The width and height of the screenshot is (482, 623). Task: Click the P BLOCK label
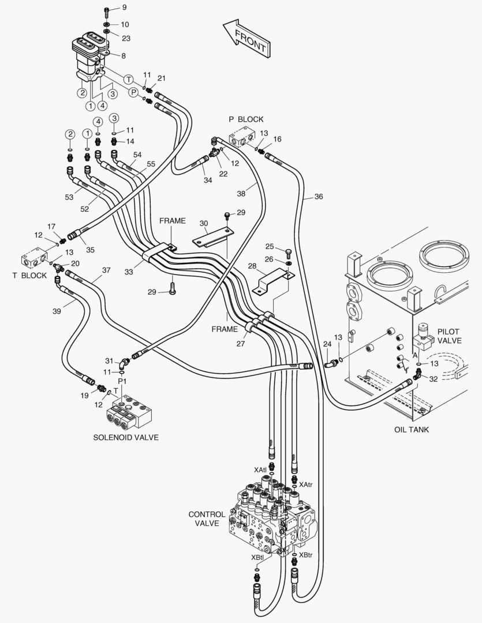246,119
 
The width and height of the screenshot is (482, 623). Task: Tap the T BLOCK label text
29,275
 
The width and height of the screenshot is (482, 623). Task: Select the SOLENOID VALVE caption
126,437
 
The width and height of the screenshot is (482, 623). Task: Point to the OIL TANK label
412,429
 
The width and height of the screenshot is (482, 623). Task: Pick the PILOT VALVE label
449,336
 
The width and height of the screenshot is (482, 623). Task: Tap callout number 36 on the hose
319,197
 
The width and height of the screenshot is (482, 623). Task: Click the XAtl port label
260,470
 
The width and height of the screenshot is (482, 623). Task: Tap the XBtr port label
305,556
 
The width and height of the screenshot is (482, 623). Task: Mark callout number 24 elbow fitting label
327,344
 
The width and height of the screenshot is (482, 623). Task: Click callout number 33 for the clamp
129,271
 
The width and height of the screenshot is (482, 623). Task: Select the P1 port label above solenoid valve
122,382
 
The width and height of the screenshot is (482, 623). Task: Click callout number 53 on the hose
69,198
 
